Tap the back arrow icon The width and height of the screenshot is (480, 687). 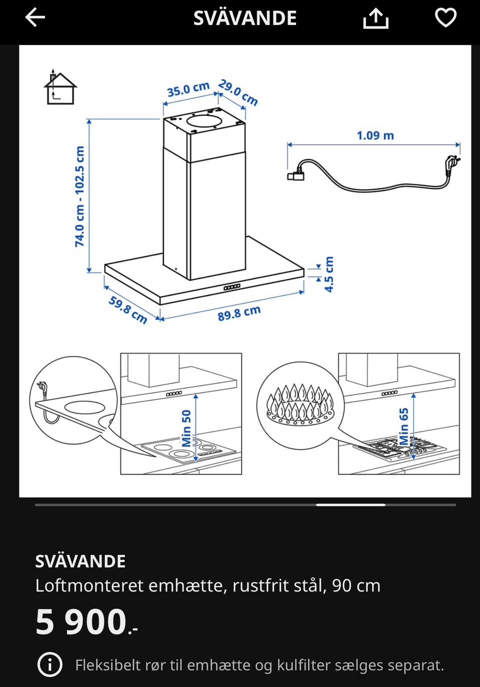(x=35, y=17)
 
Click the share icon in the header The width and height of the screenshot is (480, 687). (x=375, y=18)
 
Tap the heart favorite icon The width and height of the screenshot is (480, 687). (x=446, y=17)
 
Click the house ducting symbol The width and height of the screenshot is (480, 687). (x=60, y=87)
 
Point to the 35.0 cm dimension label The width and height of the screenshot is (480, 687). (x=188, y=89)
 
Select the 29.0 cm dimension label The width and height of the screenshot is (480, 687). (x=238, y=92)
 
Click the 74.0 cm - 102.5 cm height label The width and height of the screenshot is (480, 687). (x=79, y=196)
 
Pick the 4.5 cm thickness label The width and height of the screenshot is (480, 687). (x=328, y=274)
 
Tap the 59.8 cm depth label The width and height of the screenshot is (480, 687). (x=128, y=310)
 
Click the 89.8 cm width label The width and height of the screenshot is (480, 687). (x=239, y=313)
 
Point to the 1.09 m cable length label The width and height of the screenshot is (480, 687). (x=375, y=135)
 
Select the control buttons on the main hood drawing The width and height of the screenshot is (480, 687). (x=232, y=287)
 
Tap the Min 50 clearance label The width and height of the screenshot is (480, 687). (x=186, y=428)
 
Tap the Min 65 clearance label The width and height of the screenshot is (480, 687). (x=403, y=426)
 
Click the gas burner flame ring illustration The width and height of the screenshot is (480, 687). (x=299, y=405)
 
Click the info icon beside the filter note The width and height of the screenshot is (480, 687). (x=49, y=665)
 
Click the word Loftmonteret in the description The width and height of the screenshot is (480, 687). (x=89, y=585)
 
